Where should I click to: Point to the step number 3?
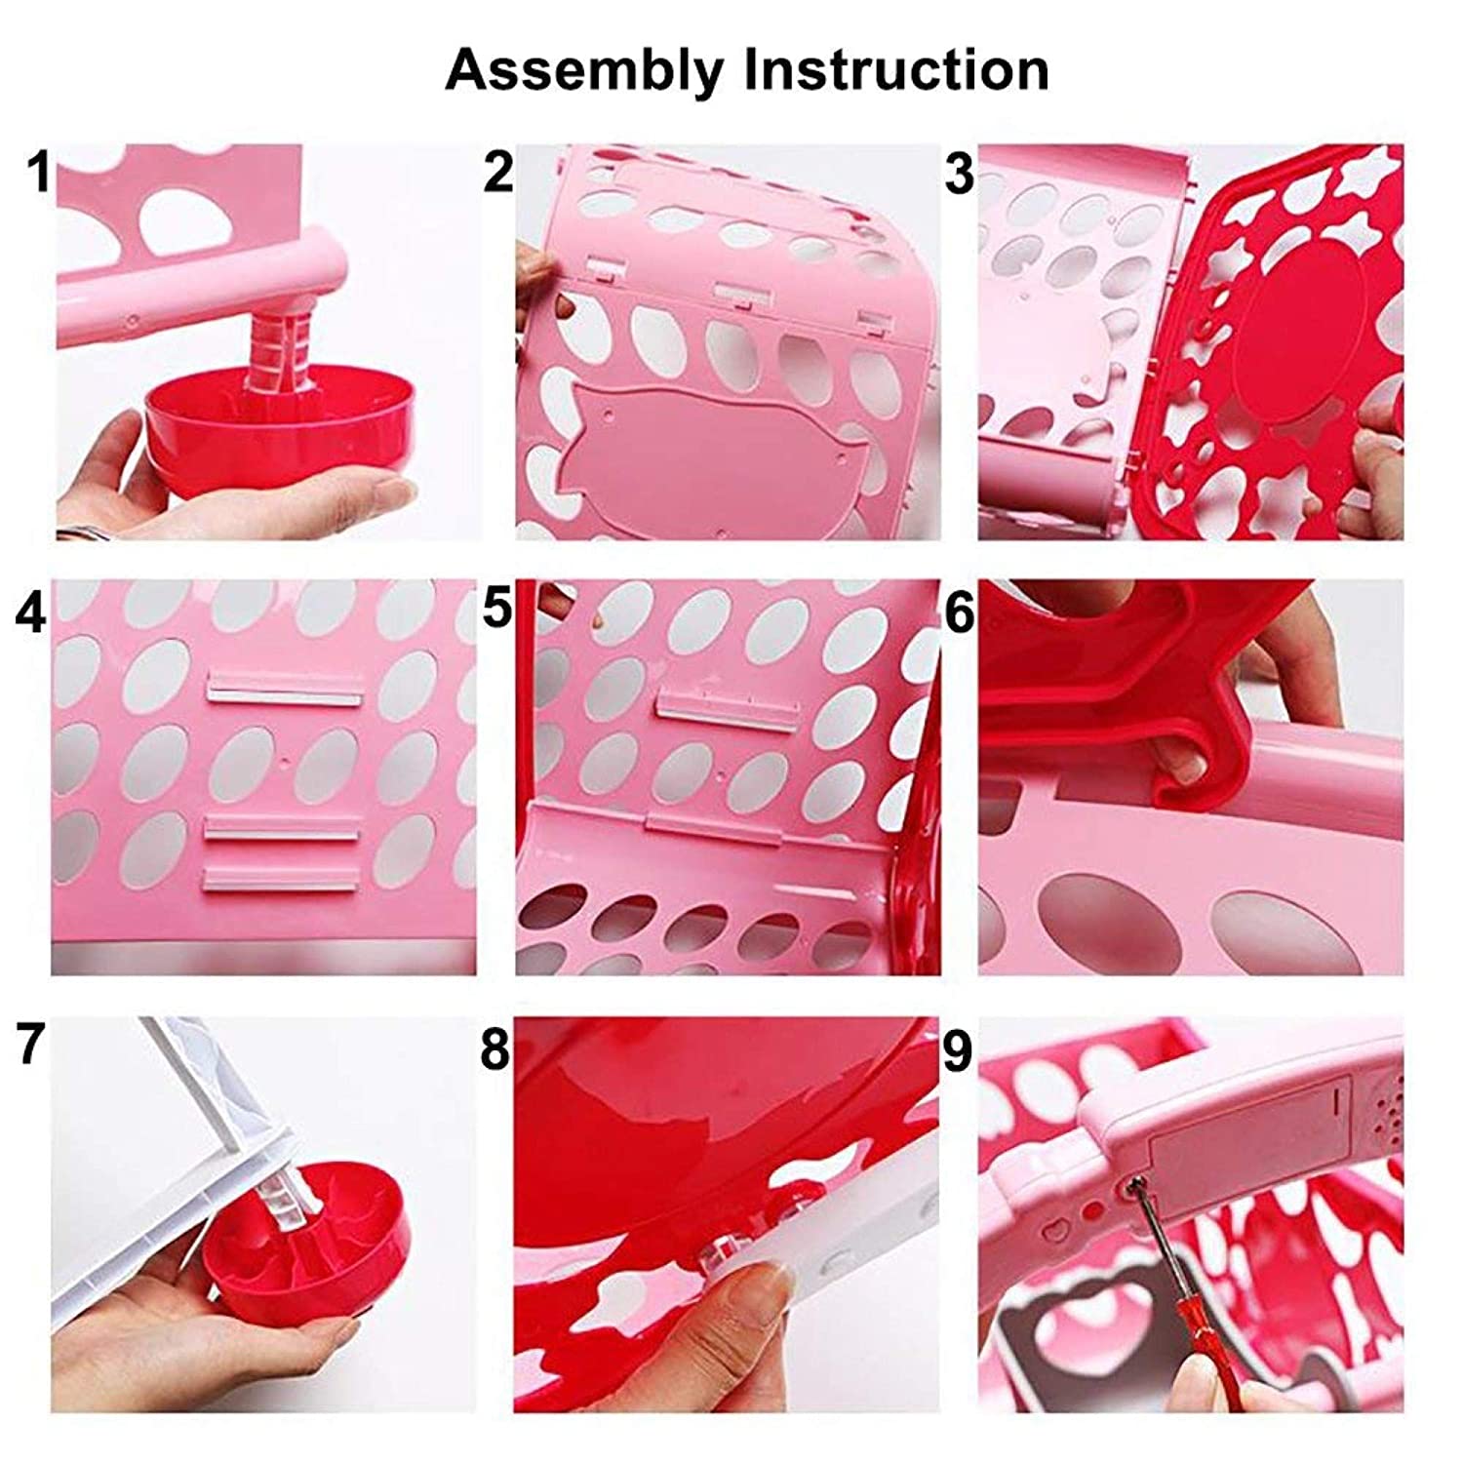(x=959, y=173)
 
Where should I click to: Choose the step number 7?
(x=30, y=1047)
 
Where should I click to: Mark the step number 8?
(x=495, y=1050)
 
